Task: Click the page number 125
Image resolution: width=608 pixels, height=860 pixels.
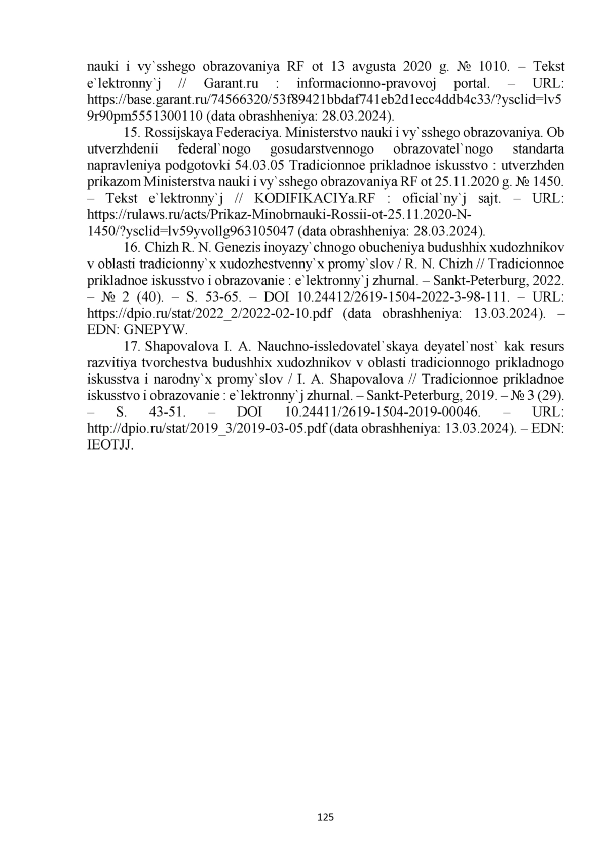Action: pos(325,817)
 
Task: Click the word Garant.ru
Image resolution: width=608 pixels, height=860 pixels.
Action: pos(232,83)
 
